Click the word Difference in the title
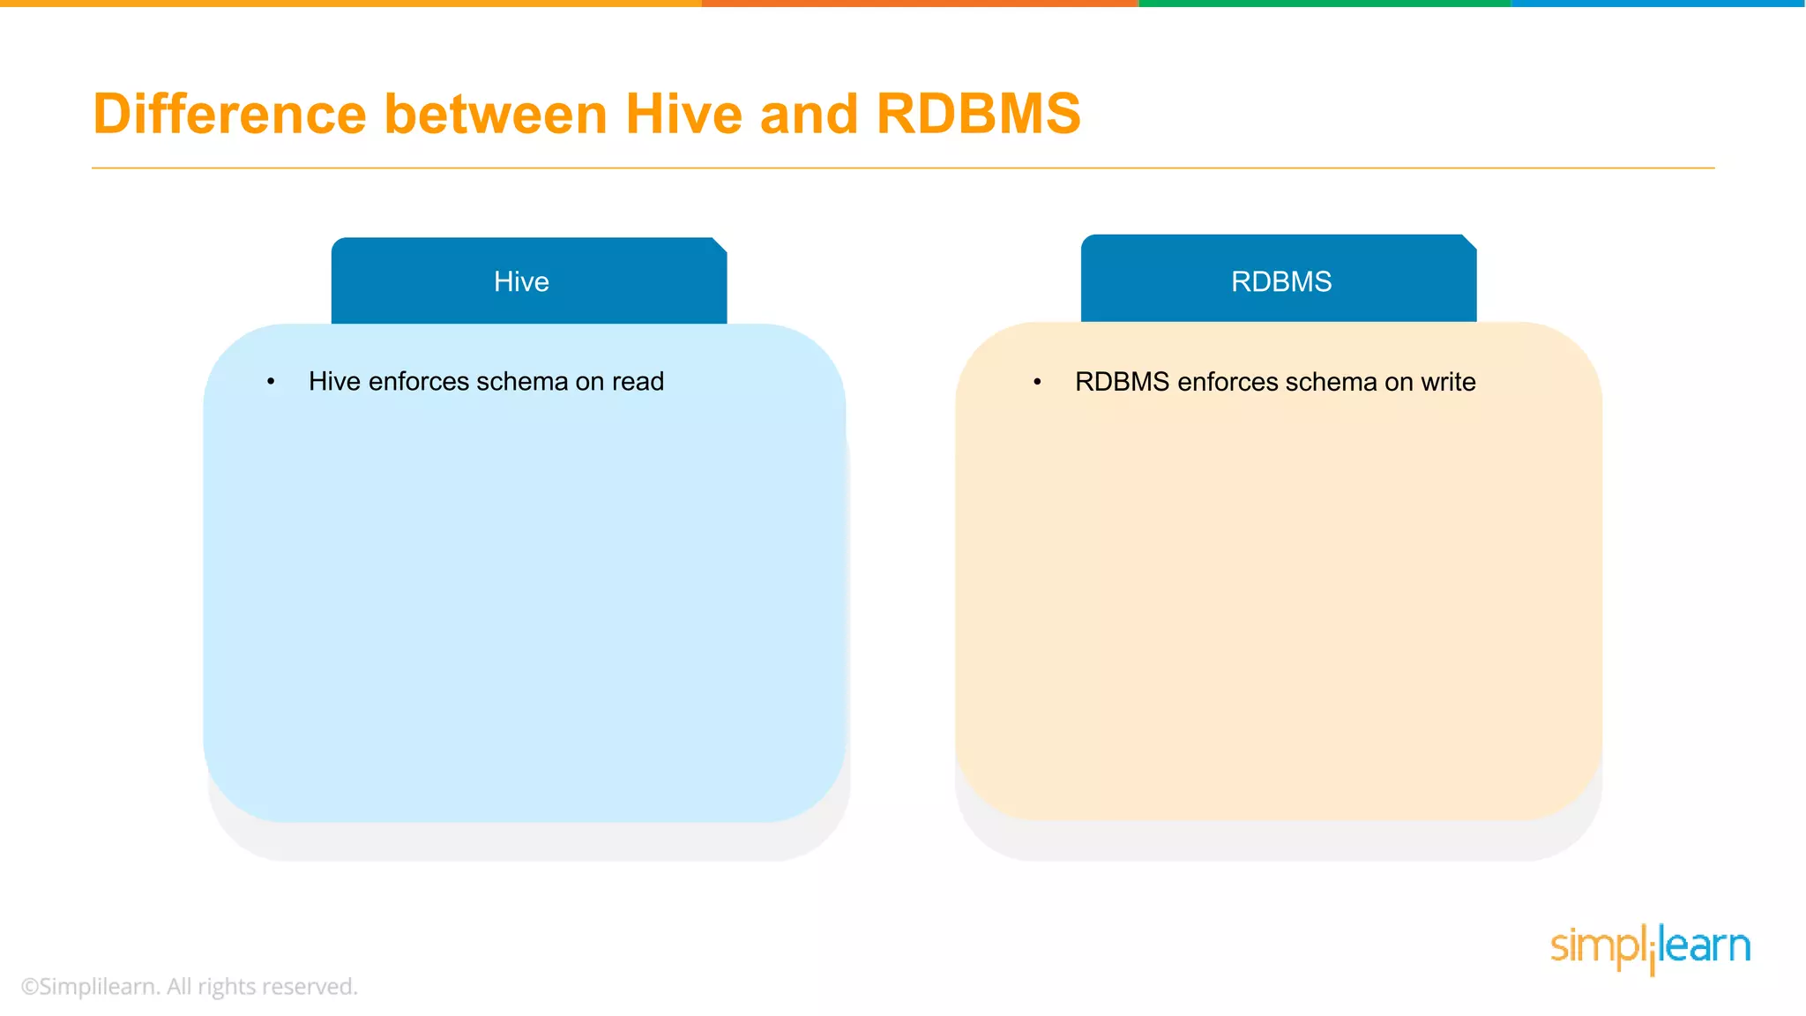tap(229, 115)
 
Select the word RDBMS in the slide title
tap(978, 115)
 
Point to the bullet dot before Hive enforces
tap(271, 382)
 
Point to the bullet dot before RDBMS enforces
tap(1037, 382)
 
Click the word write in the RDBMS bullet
tap(1448, 382)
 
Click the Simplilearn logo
tap(1650, 948)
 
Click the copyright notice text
tap(190, 986)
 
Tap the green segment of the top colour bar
tap(1323, 4)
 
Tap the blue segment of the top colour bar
tap(1658, 4)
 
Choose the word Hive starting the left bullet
tap(334, 382)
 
